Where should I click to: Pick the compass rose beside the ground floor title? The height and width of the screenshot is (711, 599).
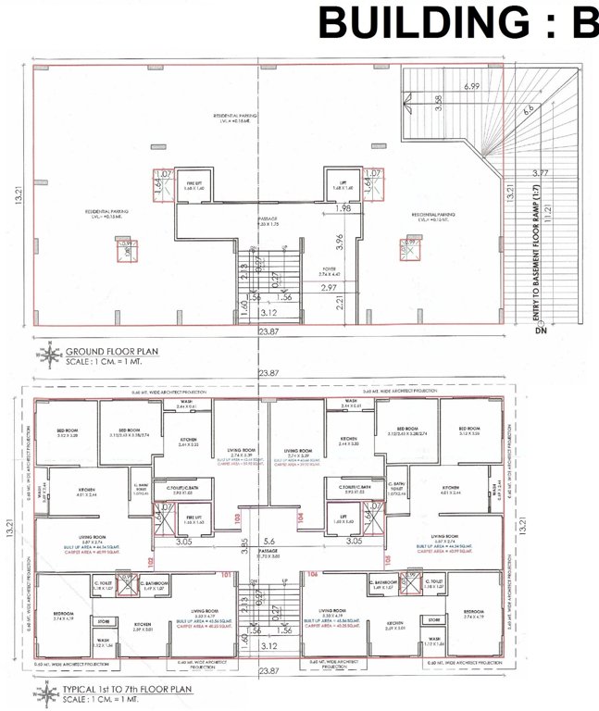click(48, 355)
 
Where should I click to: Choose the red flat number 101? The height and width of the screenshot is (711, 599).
click(224, 573)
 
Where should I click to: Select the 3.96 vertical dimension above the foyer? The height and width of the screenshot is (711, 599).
click(340, 243)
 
